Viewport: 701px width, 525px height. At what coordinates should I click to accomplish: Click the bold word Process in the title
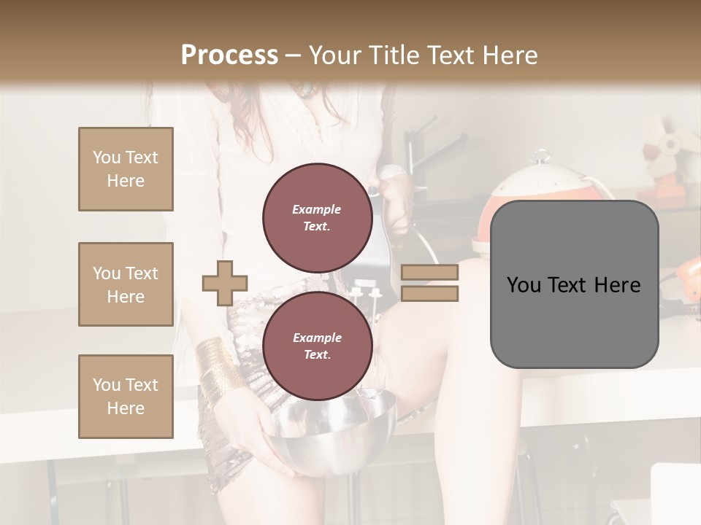tap(229, 55)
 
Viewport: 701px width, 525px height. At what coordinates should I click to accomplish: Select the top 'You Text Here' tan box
tap(126, 169)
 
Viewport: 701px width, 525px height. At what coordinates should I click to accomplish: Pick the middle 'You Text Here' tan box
tap(126, 284)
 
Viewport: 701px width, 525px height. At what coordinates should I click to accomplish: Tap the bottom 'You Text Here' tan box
tap(126, 397)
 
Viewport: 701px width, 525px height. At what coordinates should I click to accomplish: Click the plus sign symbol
tap(225, 283)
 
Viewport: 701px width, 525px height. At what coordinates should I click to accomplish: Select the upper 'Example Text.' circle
tap(316, 217)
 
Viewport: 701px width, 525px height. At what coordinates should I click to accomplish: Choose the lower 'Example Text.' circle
tap(316, 346)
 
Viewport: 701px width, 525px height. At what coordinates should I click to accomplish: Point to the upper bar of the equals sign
tap(429, 273)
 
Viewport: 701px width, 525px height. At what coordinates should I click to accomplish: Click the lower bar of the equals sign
tap(429, 293)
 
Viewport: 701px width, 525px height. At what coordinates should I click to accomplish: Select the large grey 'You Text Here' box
tap(574, 284)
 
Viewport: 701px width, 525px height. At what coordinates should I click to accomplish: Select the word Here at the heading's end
tap(510, 55)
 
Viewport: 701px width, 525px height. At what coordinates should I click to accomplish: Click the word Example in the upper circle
tap(316, 209)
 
